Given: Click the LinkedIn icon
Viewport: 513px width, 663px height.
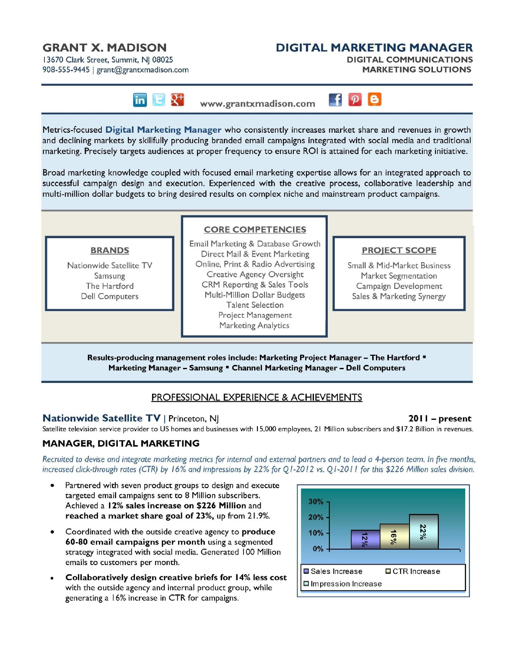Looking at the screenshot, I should click(140, 100).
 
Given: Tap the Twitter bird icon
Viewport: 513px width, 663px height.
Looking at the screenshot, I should click(158, 100).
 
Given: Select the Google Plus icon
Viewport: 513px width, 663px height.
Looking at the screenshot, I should click(177, 100).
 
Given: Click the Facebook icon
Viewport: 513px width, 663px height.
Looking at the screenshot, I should click(335, 100).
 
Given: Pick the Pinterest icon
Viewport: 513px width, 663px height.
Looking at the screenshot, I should click(355, 100).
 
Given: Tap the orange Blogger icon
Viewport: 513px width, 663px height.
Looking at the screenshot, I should click(375, 100).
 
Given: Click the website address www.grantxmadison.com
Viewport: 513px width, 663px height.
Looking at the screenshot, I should click(257, 104).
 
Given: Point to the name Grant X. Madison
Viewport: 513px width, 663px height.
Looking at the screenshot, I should click(104, 48).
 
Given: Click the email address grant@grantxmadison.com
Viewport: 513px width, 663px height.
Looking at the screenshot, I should click(142, 70).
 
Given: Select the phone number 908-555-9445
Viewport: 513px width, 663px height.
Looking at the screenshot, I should click(66, 70).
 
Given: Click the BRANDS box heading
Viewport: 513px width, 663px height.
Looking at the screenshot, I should click(110, 250).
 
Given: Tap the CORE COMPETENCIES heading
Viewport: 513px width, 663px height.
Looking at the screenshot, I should click(255, 229).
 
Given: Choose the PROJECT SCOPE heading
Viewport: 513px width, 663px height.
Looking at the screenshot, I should click(399, 250).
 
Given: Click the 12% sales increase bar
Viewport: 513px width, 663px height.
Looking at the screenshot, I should click(365, 540).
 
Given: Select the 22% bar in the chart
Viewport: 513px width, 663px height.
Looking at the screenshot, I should click(424, 532).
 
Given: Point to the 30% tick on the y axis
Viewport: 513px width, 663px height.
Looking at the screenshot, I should click(316, 501).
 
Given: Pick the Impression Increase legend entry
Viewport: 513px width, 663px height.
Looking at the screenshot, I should click(343, 584).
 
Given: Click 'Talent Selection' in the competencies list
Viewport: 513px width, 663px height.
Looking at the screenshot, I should click(255, 305).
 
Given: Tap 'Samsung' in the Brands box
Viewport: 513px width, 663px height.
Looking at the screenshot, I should click(109, 276).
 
